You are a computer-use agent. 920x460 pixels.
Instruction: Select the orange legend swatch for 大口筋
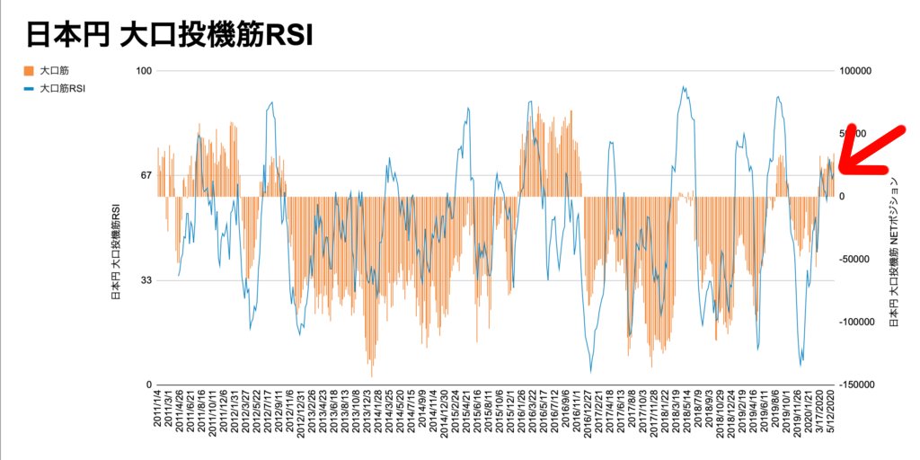coord(29,70)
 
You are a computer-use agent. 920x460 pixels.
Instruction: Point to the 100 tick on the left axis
coord(142,71)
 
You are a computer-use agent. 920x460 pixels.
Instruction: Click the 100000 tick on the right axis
coord(858,71)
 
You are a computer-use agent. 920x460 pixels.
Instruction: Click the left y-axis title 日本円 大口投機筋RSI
coord(116,252)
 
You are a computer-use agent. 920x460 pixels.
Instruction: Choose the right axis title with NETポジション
coord(893,252)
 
